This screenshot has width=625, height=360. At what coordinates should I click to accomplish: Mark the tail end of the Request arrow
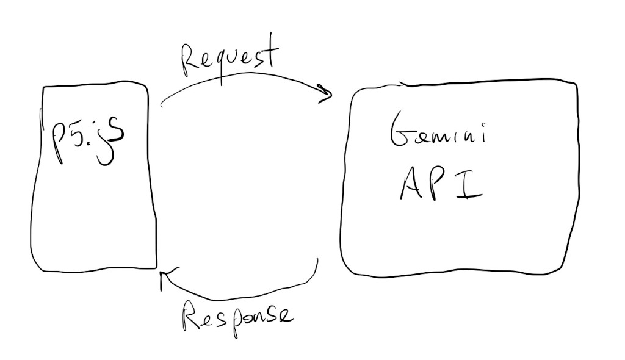(162, 106)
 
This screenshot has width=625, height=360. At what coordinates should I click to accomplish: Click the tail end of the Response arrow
(317, 260)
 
